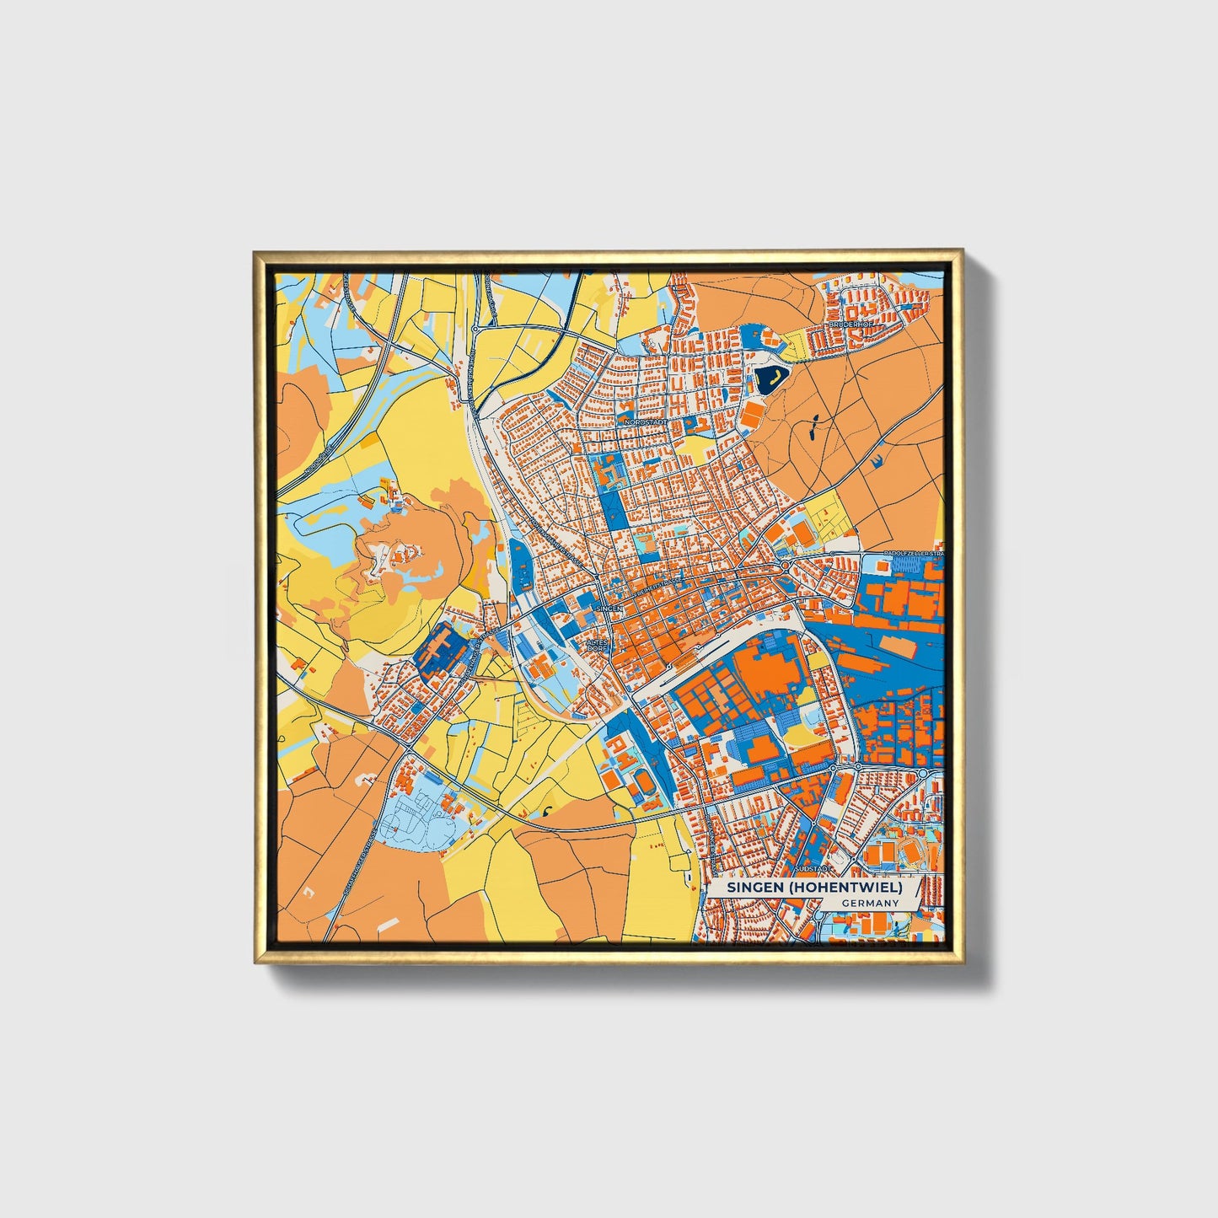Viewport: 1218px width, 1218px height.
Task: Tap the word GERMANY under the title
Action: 870,903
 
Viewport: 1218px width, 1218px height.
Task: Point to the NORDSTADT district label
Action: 647,421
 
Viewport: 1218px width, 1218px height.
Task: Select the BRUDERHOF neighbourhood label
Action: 847,325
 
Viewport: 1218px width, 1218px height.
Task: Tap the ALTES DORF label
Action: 596,645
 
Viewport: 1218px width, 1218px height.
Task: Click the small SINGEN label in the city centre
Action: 608,608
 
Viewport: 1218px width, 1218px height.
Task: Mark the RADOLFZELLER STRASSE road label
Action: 912,553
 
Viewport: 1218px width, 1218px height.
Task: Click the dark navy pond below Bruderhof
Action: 769,379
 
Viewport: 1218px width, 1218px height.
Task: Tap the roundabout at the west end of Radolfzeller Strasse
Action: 785,565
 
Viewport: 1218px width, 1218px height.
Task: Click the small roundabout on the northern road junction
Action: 475,329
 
